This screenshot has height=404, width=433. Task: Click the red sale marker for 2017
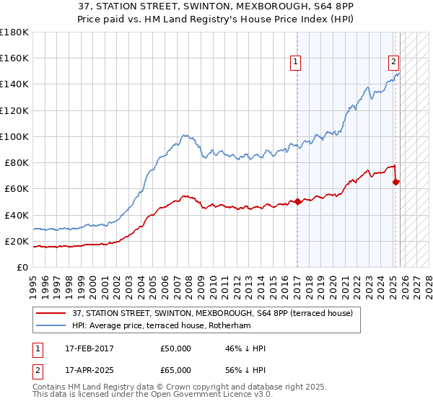coord(297,202)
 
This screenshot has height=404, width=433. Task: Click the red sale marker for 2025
coord(395,182)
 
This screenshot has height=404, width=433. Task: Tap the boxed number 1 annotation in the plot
coord(297,63)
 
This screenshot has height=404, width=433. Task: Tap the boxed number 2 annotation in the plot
coord(394,63)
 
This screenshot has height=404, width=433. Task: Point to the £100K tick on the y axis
coord(14,136)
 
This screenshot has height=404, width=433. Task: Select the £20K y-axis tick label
coord(17,241)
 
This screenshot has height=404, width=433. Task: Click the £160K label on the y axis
coord(14,58)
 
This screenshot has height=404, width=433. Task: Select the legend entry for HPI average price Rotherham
coord(170,325)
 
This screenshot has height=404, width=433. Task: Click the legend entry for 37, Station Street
coord(212,313)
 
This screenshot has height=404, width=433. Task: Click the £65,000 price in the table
coord(176,369)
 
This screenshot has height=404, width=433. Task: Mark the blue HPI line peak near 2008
coord(185,135)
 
